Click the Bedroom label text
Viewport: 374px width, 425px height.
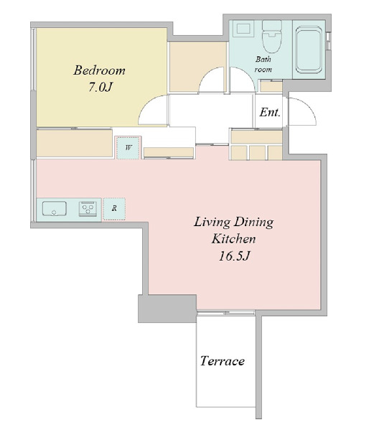(x=99, y=70)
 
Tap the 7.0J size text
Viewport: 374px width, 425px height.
(x=100, y=87)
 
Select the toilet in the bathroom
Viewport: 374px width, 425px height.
(x=272, y=37)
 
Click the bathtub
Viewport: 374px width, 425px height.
(x=309, y=50)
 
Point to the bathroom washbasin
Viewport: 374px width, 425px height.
(x=243, y=29)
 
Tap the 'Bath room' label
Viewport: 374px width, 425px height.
(x=263, y=64)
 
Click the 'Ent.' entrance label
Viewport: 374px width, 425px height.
(x=269, y=112)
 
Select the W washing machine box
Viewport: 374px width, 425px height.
(x=128, y=148)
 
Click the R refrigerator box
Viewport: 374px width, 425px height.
(x=114, y=209)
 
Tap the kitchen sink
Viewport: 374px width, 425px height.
(x=55, y=209)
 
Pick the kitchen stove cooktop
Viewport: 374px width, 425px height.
(x=88, y=209)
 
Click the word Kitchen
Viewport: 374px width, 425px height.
(x=233, y=239)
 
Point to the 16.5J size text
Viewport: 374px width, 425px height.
(x=233, y=256)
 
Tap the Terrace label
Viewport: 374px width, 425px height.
(x=223, y=361)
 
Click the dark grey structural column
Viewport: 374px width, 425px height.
(x=167, y=309)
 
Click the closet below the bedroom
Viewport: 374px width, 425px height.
(x=75, y=143)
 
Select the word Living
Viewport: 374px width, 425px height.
(x=212, y=223)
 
